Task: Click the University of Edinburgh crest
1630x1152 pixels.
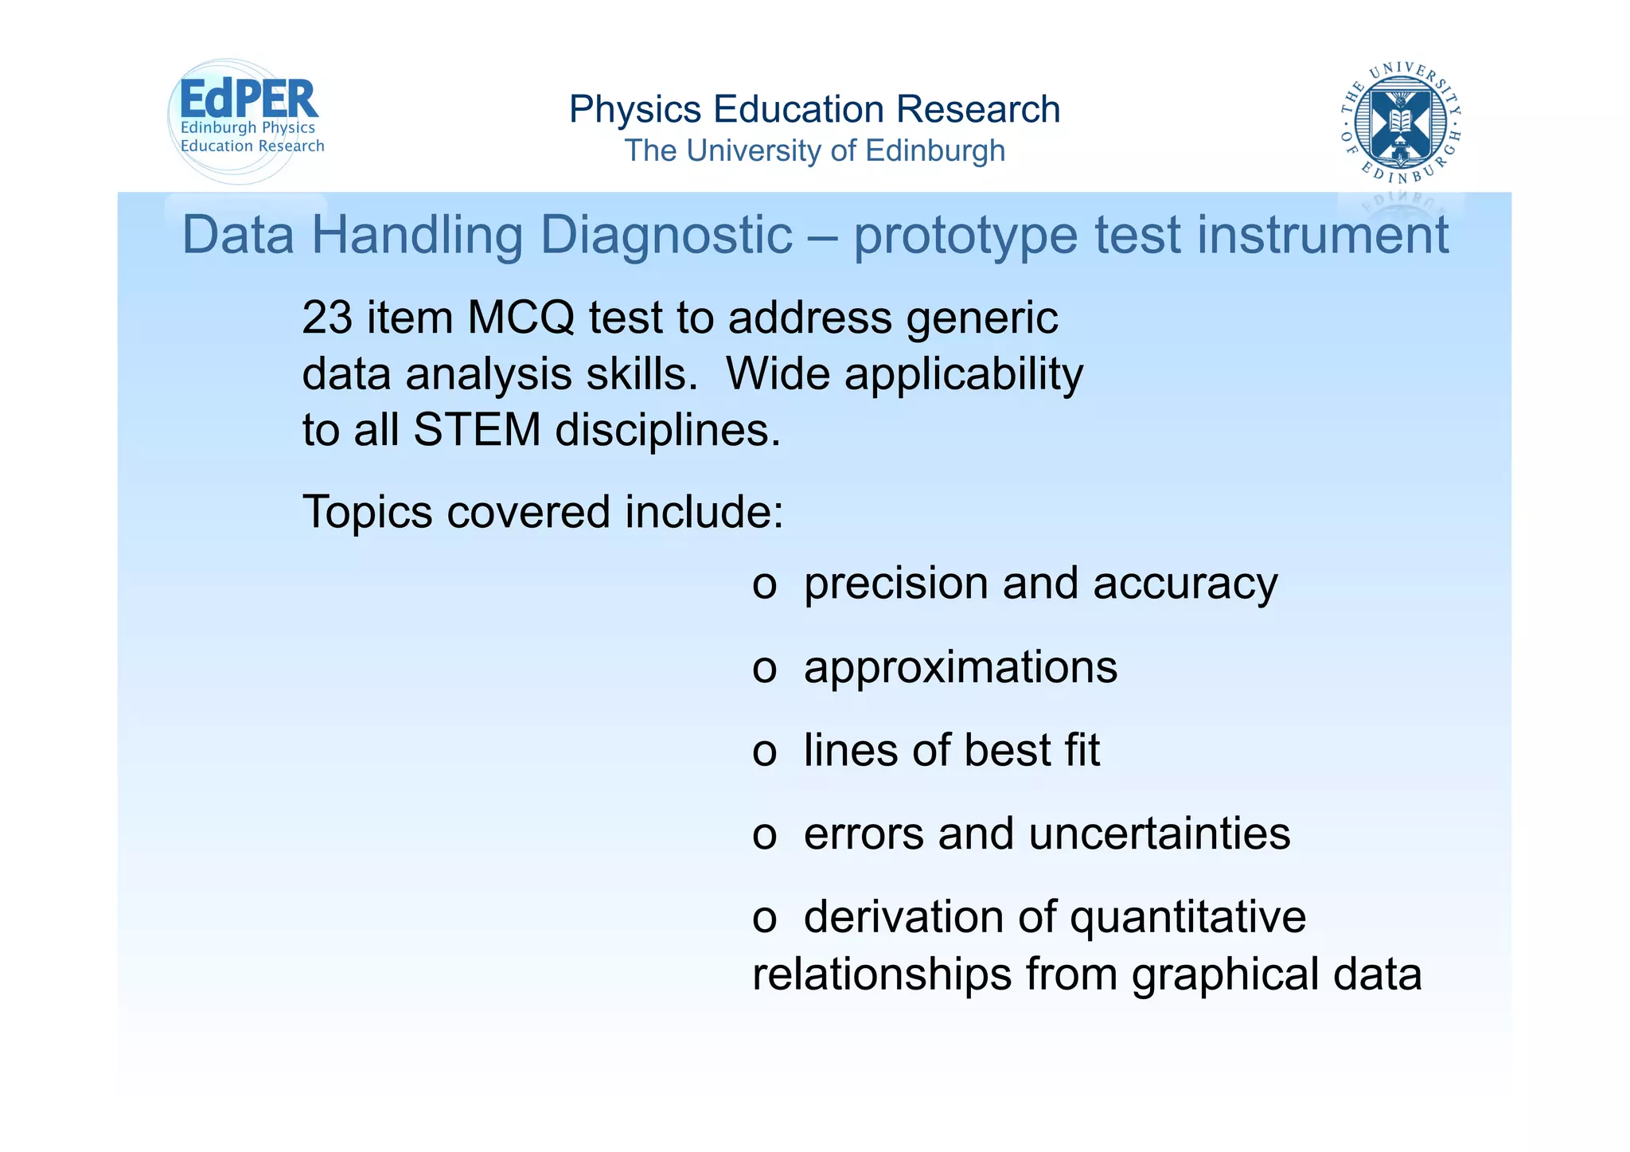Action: click(x=1400, y=122)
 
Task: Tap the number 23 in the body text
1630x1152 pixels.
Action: click(x=326, y=318)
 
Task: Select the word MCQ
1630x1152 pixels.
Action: click(x=521, y=318)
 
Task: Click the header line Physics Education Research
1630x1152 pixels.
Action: click(x=814, y=110)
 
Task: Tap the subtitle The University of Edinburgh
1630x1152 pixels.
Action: click(x=814, y=150)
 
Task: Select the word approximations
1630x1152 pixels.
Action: click(x=960, y=667)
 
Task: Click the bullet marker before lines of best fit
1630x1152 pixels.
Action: click(x=764, y=753)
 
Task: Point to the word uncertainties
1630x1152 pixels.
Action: click(x=1159, y=834)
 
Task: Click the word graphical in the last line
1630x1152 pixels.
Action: click(x=1225, y=975)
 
